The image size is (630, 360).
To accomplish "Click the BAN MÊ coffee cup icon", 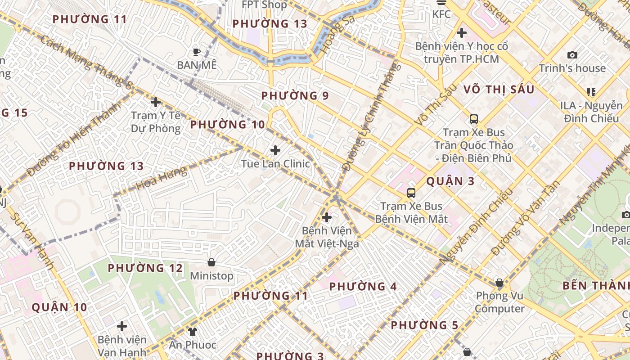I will tap(196, 52).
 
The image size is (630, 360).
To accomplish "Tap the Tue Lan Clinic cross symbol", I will tap(275, 150).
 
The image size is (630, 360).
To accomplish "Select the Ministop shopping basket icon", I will tap(211, 262).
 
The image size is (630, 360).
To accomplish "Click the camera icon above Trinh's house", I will tap(572, 55).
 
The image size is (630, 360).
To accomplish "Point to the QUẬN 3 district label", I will tap(450, 181).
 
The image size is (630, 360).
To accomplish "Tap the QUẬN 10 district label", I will tap(59, 307).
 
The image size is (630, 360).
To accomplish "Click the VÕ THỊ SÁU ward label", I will tap(499, 89).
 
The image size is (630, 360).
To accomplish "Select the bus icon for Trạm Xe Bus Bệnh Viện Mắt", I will tap(411, 193).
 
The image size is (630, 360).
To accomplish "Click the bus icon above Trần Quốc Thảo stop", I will tap(474, 119).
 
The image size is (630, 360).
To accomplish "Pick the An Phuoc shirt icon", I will tap(193, 332).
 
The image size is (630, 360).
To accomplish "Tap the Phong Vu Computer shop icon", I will tap(499, 283).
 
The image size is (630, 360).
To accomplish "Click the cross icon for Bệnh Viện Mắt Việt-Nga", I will tap(327, 218).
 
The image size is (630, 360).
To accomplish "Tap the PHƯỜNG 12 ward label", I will tap(145, 268).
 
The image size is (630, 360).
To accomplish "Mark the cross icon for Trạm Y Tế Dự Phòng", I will tap(156, 102).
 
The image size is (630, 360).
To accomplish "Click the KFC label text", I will tap(441, 14).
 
